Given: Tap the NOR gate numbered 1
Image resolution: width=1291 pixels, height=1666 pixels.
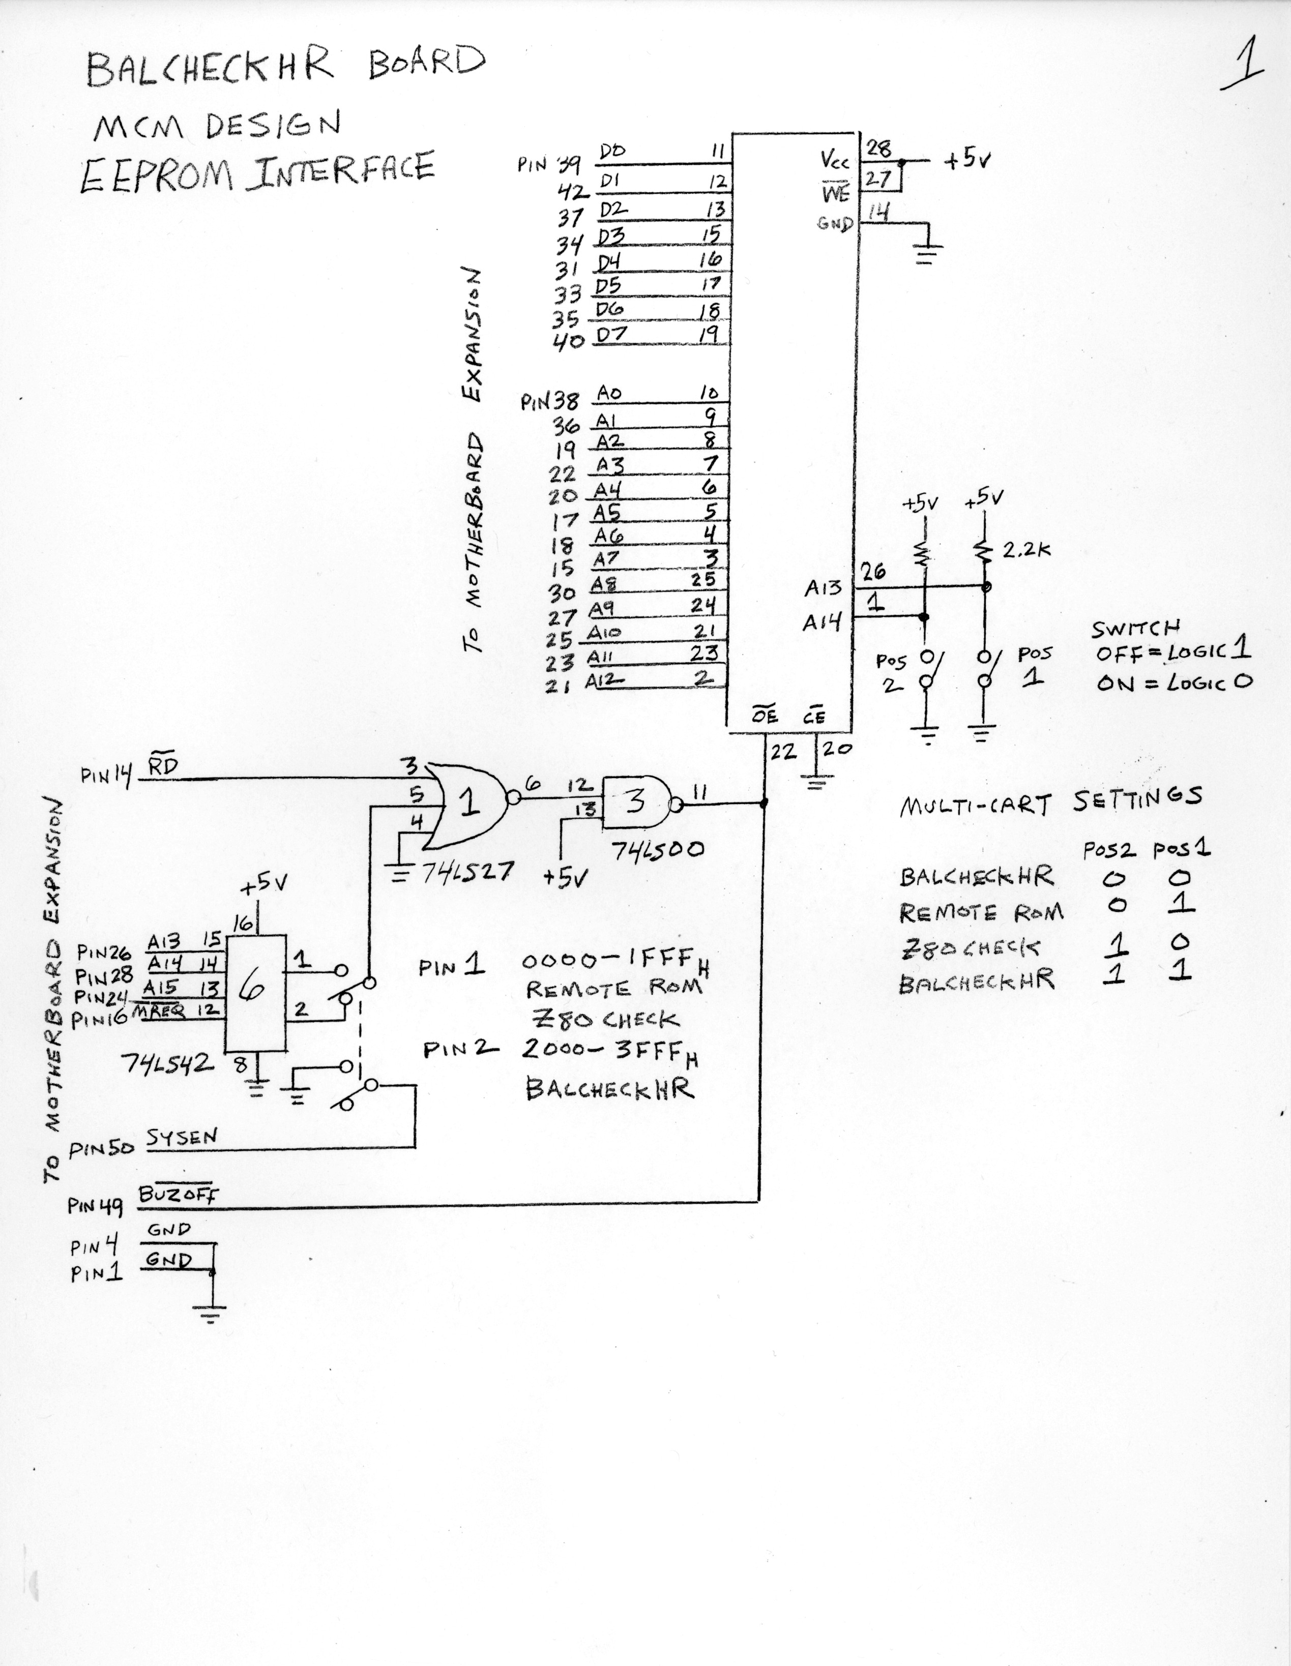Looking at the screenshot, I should pos(467,804).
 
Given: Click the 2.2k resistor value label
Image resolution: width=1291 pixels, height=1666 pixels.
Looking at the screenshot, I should pos(1027,549).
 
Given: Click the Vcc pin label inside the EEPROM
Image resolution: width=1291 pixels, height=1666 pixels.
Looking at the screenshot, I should pos(835,161).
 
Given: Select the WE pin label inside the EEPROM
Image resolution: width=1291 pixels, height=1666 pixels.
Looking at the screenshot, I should pos(835,193).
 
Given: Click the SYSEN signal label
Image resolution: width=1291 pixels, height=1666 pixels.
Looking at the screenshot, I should pos(182,1137).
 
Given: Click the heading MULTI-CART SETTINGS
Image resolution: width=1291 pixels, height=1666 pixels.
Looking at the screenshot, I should pos(1050,800).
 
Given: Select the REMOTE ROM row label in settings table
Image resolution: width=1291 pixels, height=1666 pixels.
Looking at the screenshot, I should pos(981,913).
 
